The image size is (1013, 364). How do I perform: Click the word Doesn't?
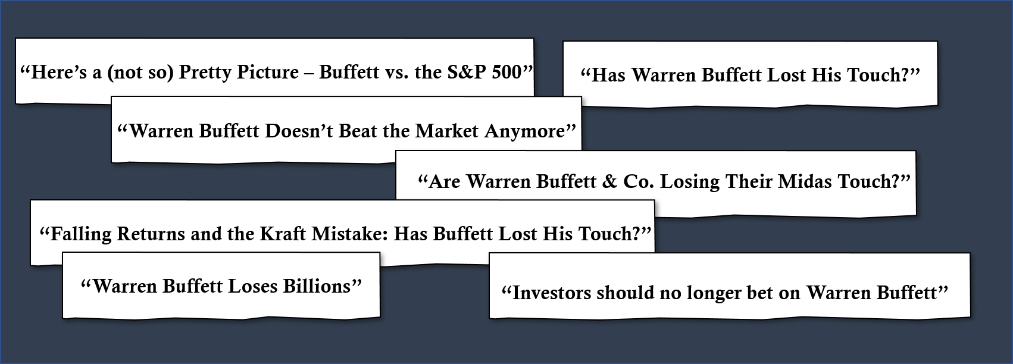(x=299, y=131)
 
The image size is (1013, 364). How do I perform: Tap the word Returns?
(x=151, y=234)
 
